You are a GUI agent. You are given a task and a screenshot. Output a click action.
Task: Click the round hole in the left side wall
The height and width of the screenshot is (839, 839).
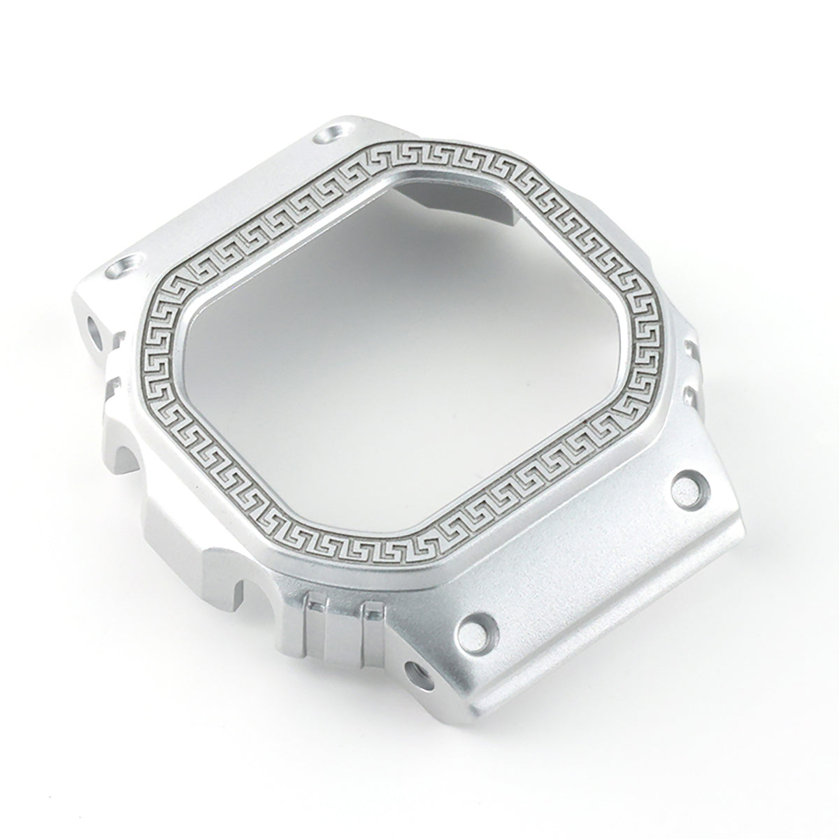pyautogui.click(x=95, y=326)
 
